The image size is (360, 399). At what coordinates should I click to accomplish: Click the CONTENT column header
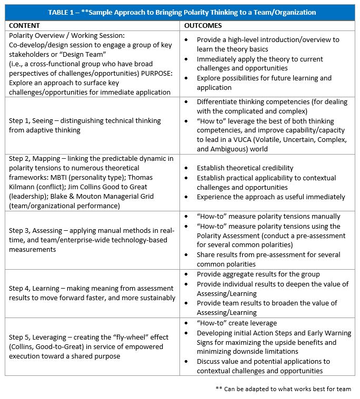25,25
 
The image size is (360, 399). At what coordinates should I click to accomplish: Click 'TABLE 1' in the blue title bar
62,12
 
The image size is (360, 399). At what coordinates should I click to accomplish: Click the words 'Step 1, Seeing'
33,120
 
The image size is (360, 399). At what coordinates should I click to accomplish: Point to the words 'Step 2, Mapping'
36,158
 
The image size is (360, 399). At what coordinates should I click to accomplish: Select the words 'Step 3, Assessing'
38,231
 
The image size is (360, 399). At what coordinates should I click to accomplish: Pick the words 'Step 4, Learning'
36,288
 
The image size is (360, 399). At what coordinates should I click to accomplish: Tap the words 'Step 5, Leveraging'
40,336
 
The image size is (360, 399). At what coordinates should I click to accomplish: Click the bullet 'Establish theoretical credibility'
245,168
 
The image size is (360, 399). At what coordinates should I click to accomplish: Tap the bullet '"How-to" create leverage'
236,323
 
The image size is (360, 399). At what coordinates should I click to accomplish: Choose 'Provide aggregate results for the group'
258,274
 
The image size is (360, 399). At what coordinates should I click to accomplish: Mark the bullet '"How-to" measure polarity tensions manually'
268,216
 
